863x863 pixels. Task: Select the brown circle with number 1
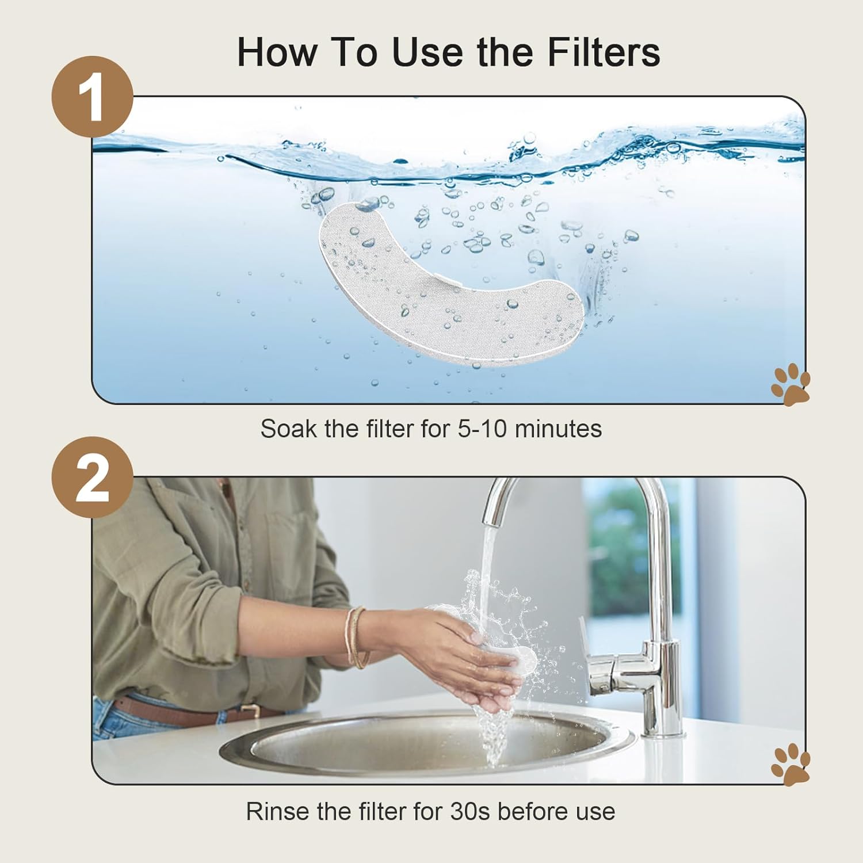[92, 97]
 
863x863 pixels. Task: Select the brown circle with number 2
[92, 477]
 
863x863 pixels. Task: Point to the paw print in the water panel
[791, 383]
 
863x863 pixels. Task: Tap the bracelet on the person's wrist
[355, 637]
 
